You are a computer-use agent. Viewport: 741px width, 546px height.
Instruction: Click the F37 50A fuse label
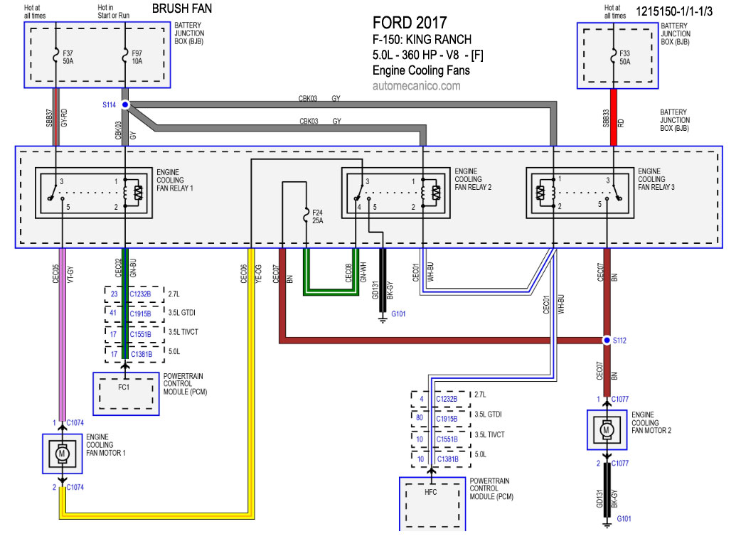(68, 58)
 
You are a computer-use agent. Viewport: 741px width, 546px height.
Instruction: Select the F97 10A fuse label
(137, 58)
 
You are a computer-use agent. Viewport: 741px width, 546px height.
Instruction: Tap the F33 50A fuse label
(625, 58)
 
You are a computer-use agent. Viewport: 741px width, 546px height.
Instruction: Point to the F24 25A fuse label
(318, 217)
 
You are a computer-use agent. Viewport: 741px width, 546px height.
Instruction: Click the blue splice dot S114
(125, 105)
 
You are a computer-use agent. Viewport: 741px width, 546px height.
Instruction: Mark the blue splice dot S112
(607, 340)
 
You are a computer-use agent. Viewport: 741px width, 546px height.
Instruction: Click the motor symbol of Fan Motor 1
(62, 454)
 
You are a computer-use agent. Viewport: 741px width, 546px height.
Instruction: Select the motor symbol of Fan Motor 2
(607, 430)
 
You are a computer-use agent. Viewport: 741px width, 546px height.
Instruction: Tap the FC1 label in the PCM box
(124, 387)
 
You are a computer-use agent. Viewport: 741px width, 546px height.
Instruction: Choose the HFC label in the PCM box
(430, 492)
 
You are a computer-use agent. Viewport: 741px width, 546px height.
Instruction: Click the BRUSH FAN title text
(182, 9)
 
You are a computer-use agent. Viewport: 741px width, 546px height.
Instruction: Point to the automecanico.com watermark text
(416, 86)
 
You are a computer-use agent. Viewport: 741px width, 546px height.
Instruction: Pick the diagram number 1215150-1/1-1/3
(674, 11)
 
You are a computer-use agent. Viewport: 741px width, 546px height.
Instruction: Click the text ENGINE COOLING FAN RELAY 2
(473, 179)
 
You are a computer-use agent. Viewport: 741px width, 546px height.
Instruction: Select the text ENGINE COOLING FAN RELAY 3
(656, 179)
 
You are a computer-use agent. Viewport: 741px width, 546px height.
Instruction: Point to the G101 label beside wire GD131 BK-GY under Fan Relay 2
(398, 314)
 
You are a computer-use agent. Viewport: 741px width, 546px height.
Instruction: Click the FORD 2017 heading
(410, 23)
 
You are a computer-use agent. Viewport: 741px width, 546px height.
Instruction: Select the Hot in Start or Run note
(113, 11)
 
